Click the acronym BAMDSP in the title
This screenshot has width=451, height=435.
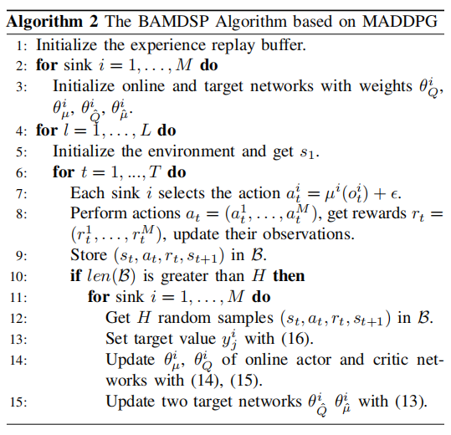pos(173,22)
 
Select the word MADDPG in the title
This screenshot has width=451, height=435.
pos(399,22)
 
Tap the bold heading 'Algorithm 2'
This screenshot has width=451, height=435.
pos(52,23)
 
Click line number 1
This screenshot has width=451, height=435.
pos(22,46)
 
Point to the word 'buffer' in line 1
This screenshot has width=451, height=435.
pos(283,45)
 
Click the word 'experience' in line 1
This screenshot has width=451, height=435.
pos(167,46)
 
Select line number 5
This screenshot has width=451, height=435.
pos(22,152)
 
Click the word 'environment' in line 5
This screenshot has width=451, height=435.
pos(192,151)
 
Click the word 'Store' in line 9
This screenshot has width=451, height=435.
pos(89,255)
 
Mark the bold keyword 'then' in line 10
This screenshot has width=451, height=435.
pos(289,276)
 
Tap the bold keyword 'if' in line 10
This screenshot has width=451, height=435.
pos(76,275)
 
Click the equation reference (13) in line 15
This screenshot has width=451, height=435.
pos(411,401)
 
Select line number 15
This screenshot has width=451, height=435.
pos(18,402)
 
